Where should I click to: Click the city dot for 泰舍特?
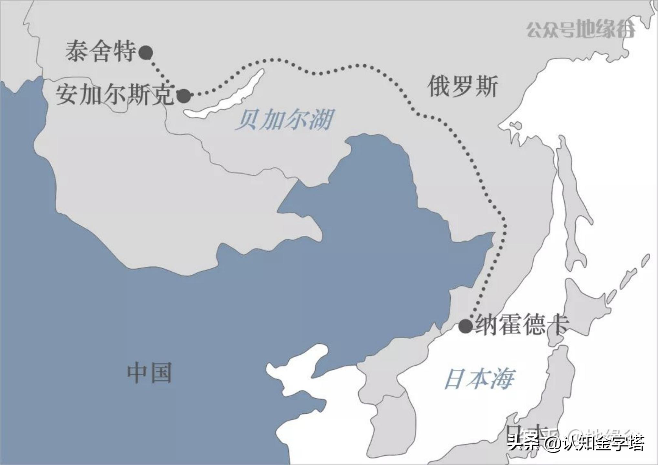(x=146, y=52)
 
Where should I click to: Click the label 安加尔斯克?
(x=115, y=95)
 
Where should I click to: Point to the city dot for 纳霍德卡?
(x=466, y=326)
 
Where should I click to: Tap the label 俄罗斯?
(x=462, y=87)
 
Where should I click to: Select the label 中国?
(x=149, y=373)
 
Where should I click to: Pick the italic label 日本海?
(x=479, y=379)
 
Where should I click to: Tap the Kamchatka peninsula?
(x=643, y=19)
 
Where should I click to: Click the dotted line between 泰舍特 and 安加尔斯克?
(x=159, y=73)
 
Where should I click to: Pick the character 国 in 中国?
(x=160, y=373)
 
